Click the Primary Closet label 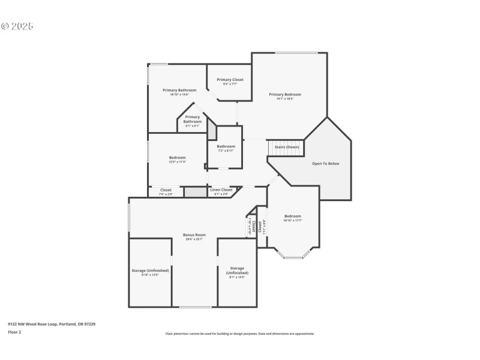tap(230, 80)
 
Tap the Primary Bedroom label tap(285, 94)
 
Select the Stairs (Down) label tap(287, 147)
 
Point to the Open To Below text tap(326, 163)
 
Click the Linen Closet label tap(221, 190)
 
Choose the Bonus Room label tap(194, 235)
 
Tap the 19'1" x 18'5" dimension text tap(285, 99)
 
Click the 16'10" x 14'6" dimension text tap(179, 95)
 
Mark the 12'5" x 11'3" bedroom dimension tap(177, 162)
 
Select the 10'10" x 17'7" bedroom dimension tap(293, 221)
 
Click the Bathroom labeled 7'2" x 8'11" tap(226, 146)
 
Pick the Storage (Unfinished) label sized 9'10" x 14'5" tap(150, 271)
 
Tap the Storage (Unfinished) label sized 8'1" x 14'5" tap(237, 268)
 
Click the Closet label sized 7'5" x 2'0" tap(166, 190)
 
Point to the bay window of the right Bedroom tap(293, 257)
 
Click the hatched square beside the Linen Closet tap(194, 192)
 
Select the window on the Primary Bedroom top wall tap(296, 53)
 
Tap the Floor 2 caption tap(14, 332)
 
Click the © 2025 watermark tap(17, 26)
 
